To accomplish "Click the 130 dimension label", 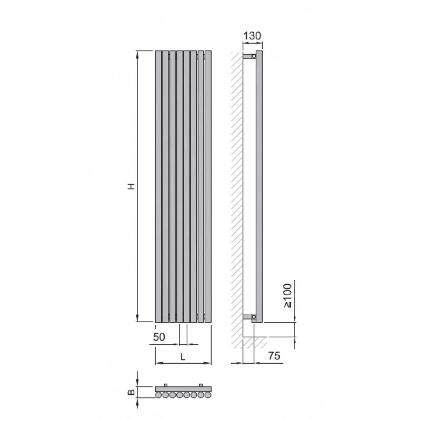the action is pyautogui.click(x=252, y=36).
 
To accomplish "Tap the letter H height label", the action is pyautogui.click(x=131, y=186).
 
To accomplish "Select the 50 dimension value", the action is pyautogui.click(x=159, y=337).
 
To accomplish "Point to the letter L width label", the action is pyautogui.click(x=183, y=357).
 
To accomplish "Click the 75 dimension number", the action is pyautogui.click(x=274, y=356).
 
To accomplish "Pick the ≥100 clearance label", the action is pyautogui.click(x=287, y=296).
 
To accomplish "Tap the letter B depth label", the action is pyautogui.click(x=131, y=392).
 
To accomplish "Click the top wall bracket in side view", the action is pyautogui.click(x=249, y=56).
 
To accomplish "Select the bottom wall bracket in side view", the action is pyautogui.click(x=249, y=317).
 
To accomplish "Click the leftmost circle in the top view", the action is pyautogui.click(x=158, y=395).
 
